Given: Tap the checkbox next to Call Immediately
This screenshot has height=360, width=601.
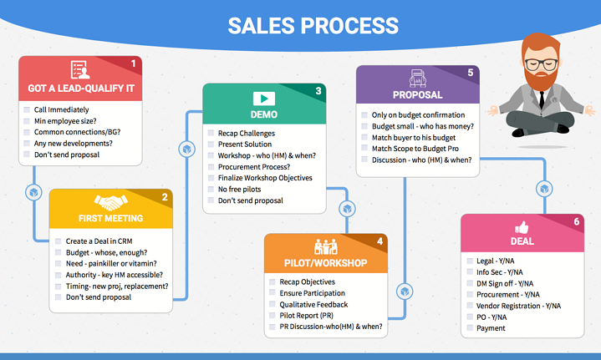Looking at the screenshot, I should click(28, 109).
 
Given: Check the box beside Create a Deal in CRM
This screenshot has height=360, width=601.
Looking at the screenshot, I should click(58, 241).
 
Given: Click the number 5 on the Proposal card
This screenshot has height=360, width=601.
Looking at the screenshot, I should click(471, 74).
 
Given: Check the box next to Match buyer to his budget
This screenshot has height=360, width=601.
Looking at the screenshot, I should click(364, 136).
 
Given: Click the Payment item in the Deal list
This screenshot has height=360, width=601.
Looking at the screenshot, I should click(492, 328).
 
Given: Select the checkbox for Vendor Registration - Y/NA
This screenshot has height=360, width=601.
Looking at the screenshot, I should click(468, 306).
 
